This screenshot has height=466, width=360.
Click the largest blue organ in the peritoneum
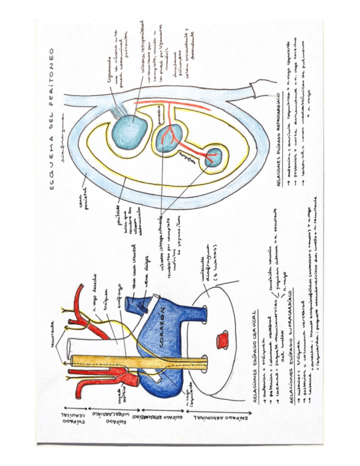click(x=130, y=127)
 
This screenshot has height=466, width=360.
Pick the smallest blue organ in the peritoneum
click(x=213, y=157)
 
